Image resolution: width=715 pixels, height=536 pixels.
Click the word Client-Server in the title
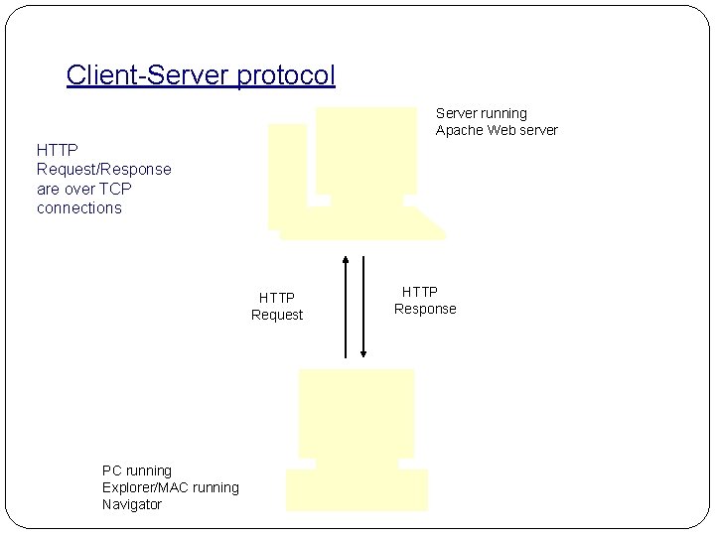click(148, 75)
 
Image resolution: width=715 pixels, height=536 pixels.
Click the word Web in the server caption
click(503, 130)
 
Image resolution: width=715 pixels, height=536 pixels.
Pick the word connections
click(79, 207)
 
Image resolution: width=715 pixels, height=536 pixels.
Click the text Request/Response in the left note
click(103, 169)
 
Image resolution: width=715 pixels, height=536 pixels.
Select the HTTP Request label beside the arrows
click(277, 306)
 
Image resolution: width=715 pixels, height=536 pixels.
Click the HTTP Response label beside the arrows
click(425, 300)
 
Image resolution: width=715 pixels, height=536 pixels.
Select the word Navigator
click(132, 504)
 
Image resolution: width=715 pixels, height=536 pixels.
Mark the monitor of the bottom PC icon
click(357, 412)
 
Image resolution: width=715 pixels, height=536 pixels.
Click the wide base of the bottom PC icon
click(357, 490)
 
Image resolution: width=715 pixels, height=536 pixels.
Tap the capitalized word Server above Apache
click(458, 113)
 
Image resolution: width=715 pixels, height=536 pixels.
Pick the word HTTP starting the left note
click(57, 150)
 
